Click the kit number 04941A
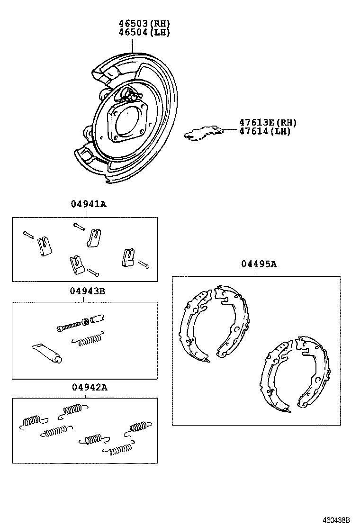pyautogui.click(x=89, y=205)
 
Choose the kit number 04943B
pyautogui.click(x=88, y=291)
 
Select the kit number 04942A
pyautogui.click(x=90, y=387)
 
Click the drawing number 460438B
pyautogui.click(x=336, y=520)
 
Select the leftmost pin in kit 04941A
pyautogui.click(x=28, y=234)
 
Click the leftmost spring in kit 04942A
pyautogui.click(x=33, y=421)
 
